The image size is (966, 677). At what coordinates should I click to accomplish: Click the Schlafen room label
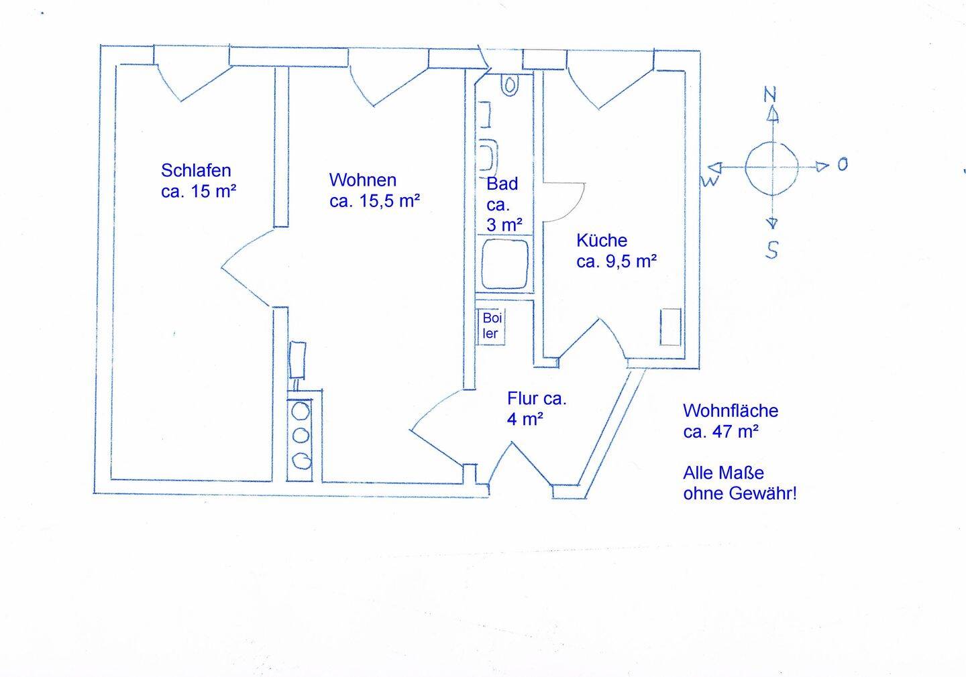pos(196,170)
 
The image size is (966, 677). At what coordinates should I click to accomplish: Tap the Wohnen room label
pos(362,180)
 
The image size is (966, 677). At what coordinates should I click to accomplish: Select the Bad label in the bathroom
pos(502,184)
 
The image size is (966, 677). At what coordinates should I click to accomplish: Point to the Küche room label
pos(602,240)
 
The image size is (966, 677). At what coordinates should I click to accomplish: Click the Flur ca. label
pos(537,399)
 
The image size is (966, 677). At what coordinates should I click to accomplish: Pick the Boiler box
pos(492,326)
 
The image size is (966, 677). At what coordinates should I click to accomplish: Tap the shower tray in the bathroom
pos(505,264)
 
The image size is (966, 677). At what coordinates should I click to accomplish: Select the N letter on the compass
pos(770,95)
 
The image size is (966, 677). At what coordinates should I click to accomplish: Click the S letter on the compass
pos(772,250)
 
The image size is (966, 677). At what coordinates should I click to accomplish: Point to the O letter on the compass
pos(843,164)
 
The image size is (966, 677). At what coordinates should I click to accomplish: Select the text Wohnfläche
pos(731,410)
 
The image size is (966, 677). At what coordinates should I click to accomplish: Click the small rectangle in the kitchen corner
pos(670,326)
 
